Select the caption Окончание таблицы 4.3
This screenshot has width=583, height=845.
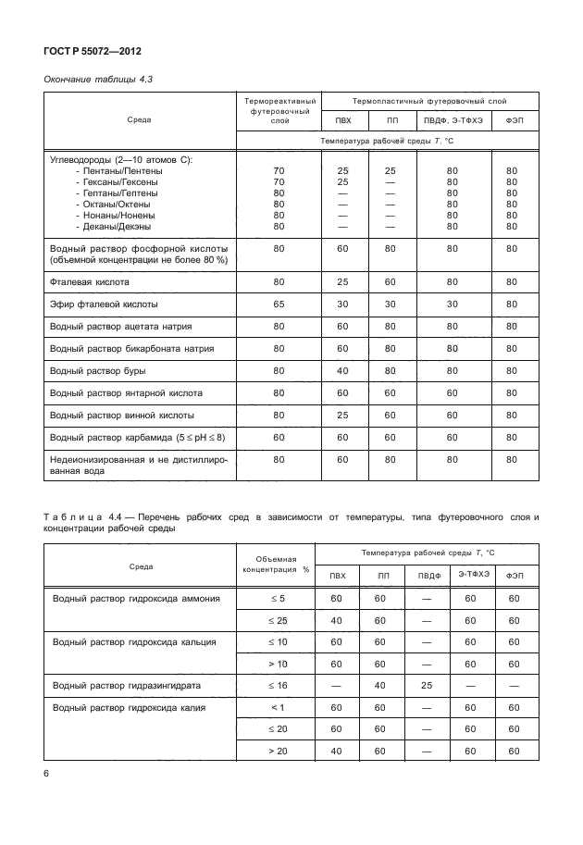pyautogui.click(x=98, y=80)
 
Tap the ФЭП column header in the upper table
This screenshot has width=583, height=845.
pyautogui.click(x=512, y=121)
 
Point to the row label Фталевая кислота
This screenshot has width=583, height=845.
pyautogui.click(x=90, y=281)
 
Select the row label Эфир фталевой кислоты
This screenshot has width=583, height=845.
pyautogui.click(x=103, y=304)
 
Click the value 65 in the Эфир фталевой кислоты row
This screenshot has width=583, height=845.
pyautogui.click(x=279, y=304)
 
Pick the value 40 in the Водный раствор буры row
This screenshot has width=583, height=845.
pyautogui.click(x=341, y=370)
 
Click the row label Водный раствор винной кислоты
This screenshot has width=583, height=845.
pyautogui.click(x=121, y=415)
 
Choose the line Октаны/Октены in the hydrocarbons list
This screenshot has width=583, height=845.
pyautogui.click(x=113, y=204)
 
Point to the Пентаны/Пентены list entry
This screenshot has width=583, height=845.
pyautogui.click(x=118, y=171)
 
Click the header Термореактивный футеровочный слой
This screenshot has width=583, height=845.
pyautogui.click(x=279, y=110)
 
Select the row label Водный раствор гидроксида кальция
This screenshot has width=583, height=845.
pyautogui.click(x=134, y=641)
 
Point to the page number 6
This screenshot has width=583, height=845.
pyautogui.click(x=45, y=773)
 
